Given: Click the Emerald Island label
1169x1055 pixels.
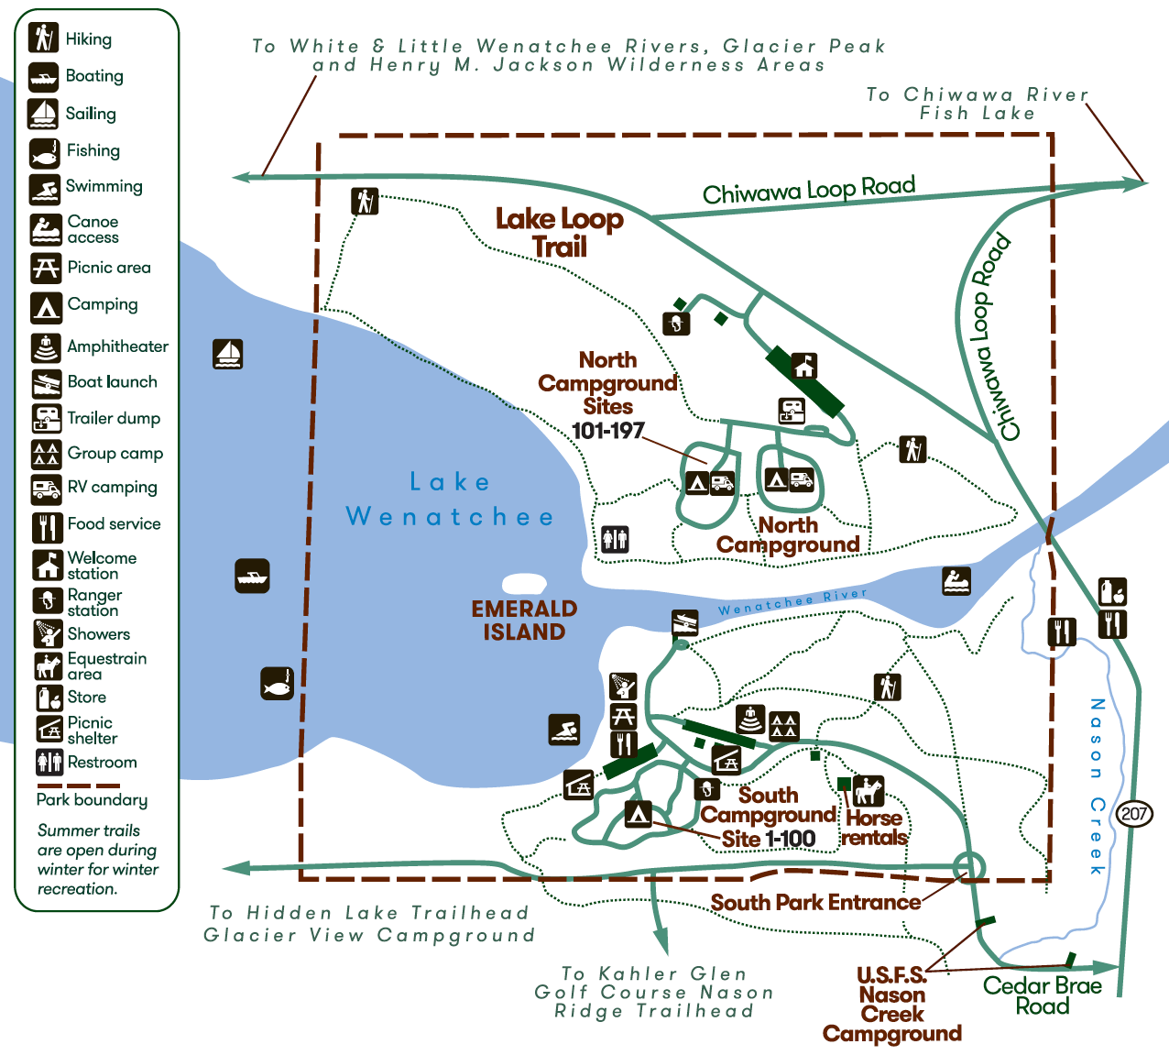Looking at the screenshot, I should [524, 621].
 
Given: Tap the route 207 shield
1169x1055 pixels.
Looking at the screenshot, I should [1135, 813].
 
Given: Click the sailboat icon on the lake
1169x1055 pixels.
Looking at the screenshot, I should [227, 354].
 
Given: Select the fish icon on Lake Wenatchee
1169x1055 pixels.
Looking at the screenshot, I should [278, 683].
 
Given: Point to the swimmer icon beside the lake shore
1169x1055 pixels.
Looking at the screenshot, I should [564, 731].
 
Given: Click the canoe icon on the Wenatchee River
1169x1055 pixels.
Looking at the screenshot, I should [956, 580].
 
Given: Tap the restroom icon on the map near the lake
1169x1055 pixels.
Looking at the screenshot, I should [615, 539].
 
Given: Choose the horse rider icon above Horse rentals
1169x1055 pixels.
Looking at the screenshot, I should [869, 789].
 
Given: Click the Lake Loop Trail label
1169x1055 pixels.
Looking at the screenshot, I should [560, 233].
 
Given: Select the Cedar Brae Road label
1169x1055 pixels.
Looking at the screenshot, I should [1043, 995].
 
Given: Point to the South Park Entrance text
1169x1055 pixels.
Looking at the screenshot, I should [815, 903].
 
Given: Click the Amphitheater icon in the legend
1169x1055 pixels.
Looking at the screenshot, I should [46, 347].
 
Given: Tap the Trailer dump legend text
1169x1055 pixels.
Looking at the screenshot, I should [114, 419].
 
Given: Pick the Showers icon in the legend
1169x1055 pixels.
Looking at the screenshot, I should [46, 633].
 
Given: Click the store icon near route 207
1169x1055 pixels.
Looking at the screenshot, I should [1112, 592].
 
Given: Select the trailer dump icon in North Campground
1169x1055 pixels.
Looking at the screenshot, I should [792, 410].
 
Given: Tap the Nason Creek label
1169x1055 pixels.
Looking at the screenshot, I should [1097, 786].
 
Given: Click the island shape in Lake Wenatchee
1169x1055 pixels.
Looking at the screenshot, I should [524, 584].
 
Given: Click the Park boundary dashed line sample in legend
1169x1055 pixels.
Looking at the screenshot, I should [79, 786].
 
